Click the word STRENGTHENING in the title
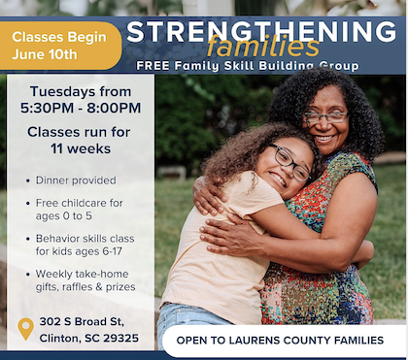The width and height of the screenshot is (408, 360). point(261,31)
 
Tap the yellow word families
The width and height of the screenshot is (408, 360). point(263,46)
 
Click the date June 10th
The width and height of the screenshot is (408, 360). point(45,54)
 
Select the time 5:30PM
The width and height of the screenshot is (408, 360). point(47,108)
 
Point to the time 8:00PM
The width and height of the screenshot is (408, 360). point(114,108)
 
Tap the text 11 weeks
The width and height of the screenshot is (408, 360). point(81,148)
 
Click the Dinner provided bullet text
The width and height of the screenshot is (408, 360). point(76,180)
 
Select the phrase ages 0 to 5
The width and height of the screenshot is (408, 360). point(64,216)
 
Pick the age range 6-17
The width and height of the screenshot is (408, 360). point(112,251)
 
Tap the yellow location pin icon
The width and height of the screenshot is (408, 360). point(26,329)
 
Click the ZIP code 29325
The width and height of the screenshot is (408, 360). point(121,339)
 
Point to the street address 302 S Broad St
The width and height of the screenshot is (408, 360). point(82,322)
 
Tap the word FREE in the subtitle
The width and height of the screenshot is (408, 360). point(153,66)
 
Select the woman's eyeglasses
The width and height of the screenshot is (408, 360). point(325,116)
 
